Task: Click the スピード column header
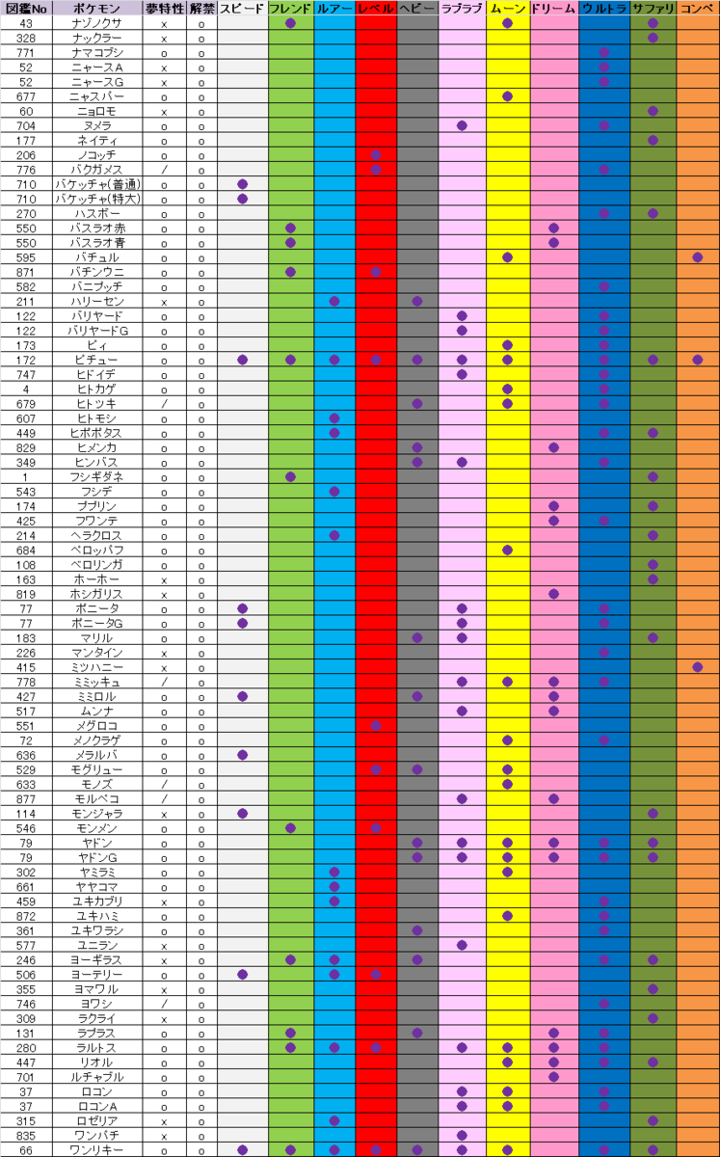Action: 242,8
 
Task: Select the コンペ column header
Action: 698,8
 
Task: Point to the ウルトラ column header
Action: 604,8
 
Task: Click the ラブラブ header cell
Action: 462,8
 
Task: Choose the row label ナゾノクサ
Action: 97,22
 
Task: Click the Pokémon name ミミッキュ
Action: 97,682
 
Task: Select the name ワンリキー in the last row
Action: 97,1149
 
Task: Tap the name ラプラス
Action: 97,1033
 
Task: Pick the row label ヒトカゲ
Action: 97,389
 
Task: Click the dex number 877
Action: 25,798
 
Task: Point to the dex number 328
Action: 25,38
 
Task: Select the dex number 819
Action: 25,594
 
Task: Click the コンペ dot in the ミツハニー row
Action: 697,667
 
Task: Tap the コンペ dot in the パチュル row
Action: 697,257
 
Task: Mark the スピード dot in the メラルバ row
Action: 242,755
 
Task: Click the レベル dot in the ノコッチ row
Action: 376,155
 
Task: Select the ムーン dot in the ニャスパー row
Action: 507,96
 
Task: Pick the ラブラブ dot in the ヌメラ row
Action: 462,125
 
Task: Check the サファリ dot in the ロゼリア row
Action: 653,1120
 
